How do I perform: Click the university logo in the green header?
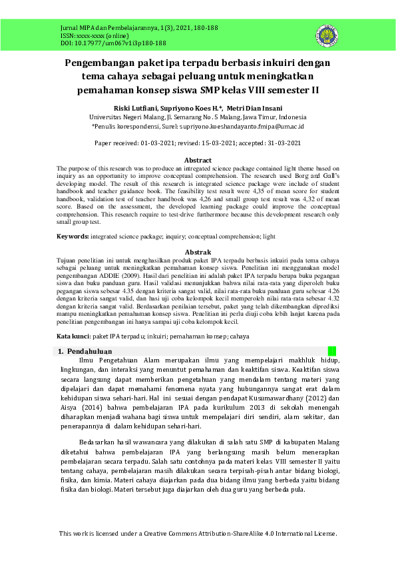pos(327,35)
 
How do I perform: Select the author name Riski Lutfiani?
pos(136,108)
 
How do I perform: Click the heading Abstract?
pos(198,161)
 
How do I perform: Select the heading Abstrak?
pos(198,252)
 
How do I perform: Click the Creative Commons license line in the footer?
pos(198,534)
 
